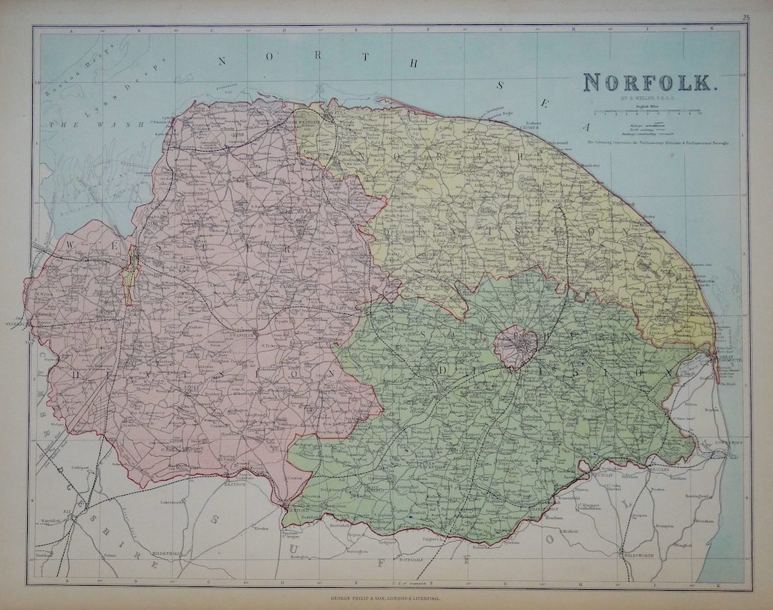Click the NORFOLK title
649,83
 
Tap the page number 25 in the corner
746,17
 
